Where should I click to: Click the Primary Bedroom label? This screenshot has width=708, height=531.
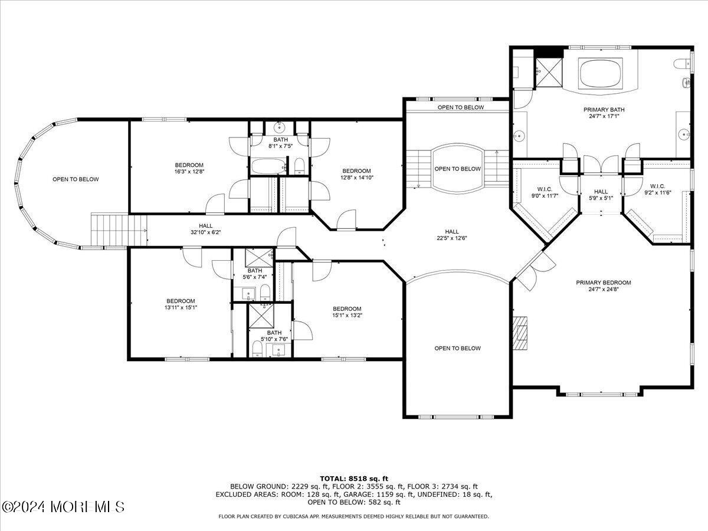pyautogui.click(x=603, y=283)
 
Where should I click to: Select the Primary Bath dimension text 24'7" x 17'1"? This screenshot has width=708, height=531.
pyautogui.click(x=604, y=116)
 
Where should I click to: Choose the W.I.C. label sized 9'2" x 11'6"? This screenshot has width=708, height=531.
pyautogui.click(x=657, y=189)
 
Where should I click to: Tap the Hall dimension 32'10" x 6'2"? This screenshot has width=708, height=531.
pyautogui.click(x=205, y=232)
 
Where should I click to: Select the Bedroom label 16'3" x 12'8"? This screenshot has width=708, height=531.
pyautogui.click(x=189, y=168)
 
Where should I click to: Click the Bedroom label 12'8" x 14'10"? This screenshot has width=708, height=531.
pyautogui.click(x=356, y=173)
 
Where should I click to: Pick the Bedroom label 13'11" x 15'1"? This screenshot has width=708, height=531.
pyautogui.click(x=180, y=304)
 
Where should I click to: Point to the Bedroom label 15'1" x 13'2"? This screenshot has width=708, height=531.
pyautogui.click(x=347, y=312)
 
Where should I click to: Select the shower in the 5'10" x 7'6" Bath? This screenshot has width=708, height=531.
pyautogui.click(x=261, y=315)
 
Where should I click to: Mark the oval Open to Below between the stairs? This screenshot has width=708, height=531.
pyautogui.click(x=458, y=168)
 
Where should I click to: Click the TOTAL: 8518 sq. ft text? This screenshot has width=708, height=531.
pyautogui.click(x=354, y=478)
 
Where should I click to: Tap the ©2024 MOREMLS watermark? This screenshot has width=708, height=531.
pyautogui.click(x=63, y=507)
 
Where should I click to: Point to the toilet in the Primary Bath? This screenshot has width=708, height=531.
pyautogui.click(x=684, y=63)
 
